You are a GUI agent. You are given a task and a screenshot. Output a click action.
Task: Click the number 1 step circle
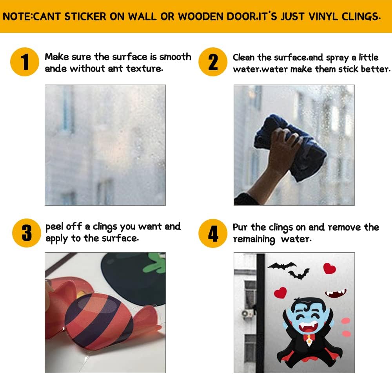24,62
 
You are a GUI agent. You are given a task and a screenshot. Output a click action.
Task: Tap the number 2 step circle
213,62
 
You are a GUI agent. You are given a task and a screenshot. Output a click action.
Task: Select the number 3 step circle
27,233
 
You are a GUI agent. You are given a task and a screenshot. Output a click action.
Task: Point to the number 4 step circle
213,233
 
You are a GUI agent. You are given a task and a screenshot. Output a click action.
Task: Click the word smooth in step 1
175,57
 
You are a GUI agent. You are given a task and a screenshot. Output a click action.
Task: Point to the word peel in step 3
54,227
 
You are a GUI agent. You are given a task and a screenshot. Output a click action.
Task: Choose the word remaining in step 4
254,239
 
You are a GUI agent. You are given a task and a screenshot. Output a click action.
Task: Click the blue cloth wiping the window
290,147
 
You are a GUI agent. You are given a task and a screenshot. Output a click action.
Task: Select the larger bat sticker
282,266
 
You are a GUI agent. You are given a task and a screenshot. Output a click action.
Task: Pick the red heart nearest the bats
330,268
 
